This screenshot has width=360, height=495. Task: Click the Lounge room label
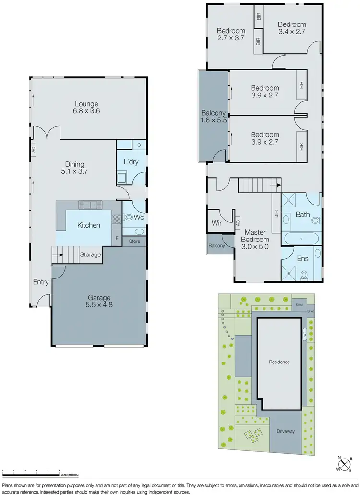click(86, 107)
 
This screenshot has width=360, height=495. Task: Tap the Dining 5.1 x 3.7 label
click(75, 167)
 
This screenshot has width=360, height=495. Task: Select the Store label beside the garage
click(135, 241)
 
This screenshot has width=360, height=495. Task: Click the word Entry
click(41, 282)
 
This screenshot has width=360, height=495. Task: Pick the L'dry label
click(131, 162)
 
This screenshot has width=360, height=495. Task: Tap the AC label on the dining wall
click(34, 149)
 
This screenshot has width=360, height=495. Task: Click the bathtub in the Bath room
click(300, 238)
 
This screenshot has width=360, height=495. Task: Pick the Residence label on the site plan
click(279, 362)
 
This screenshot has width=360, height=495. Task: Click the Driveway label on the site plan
click(286, 431)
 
